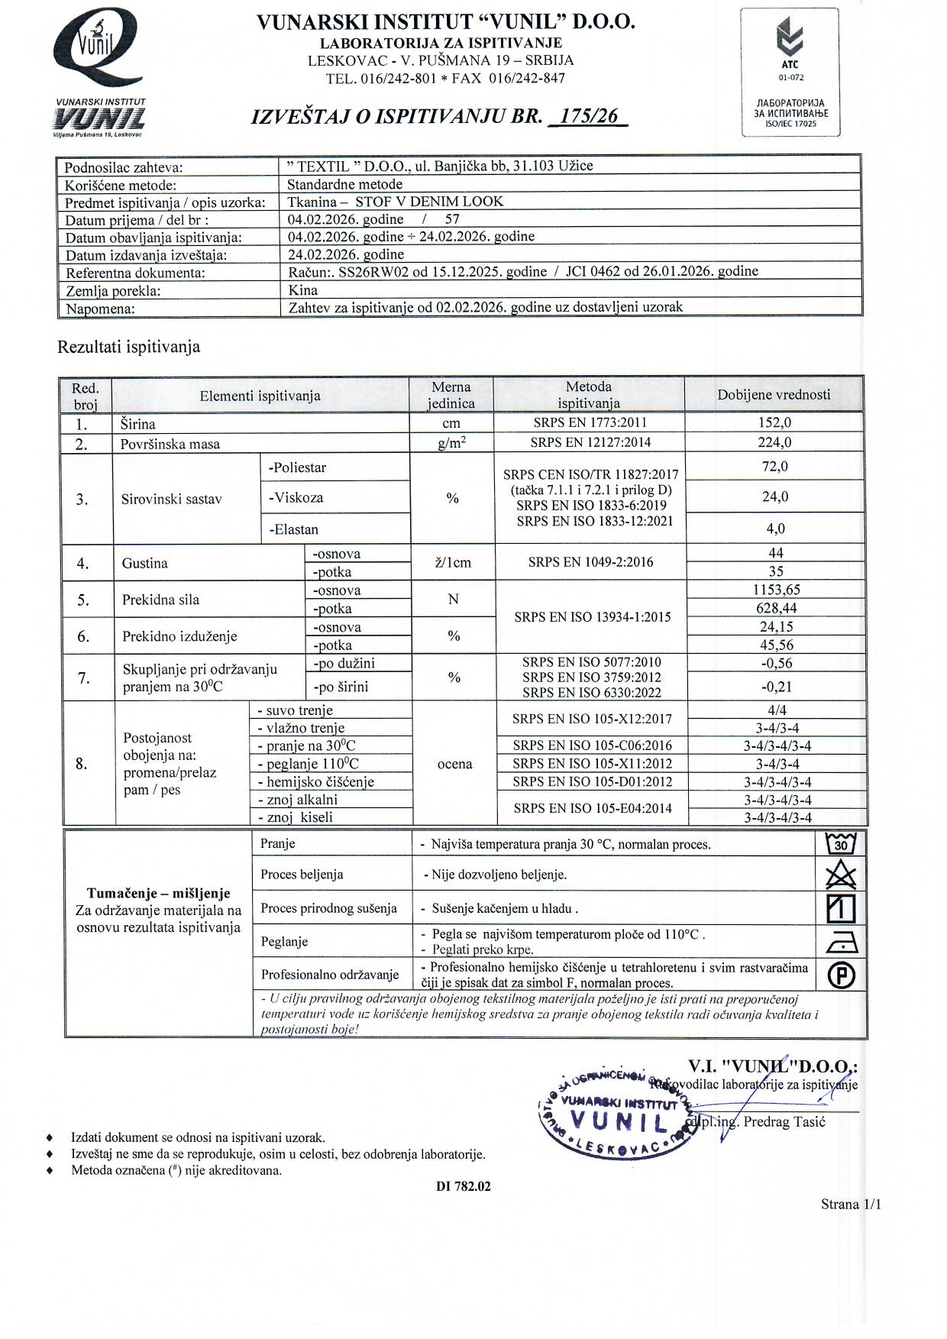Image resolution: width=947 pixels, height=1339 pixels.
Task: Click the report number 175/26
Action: pyautogui.click(x=588, y=116)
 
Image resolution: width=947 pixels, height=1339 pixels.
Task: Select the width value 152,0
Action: pyautogui.click(x=774, y=422)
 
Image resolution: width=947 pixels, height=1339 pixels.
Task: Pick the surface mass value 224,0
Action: pyautogui.click(x=774, y=442)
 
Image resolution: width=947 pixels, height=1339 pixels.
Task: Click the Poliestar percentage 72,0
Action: pyautogui.click(x=774, y=467)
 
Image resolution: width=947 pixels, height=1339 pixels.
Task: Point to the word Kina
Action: pyautogui.click(x=303, y=290)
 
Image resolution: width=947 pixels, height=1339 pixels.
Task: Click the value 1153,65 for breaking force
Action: pyautogui.click(x=775, y=590)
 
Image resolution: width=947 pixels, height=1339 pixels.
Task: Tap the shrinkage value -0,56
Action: pyautogui.click(x=776, y=663)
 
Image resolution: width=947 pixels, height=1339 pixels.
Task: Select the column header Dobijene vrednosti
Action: pyautogui.click(x=774, y=395)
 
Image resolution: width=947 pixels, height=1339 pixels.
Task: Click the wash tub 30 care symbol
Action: pyautogui.click(x=841, y=844)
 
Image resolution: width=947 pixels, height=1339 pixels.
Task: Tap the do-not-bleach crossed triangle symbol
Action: pyautogui.click(x=841, y=875)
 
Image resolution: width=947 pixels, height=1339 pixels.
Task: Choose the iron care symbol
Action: pyautogui.click(x=842, y=943)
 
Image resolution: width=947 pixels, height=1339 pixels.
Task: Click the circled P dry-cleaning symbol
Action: pyautogui.click(x=841, y=975)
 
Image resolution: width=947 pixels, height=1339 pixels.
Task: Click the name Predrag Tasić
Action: pyautogui.click(x=784, y=1122)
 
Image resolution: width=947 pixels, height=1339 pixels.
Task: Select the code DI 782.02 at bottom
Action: pyautogui.click(x=464, y=1186)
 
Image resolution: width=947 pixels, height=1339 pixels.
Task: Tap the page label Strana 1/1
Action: pyautogui.click(x=851, y=1205)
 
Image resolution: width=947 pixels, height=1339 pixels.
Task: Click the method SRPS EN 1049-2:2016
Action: pyautogui.click(x=590, y=562)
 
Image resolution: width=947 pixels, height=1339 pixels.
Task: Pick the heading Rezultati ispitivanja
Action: pyautogui.click(x=129, y=347)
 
